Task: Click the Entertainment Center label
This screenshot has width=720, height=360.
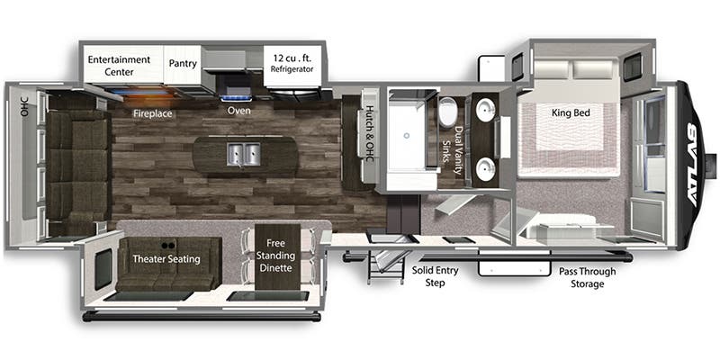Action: pyautogui.click(x=119, y=66)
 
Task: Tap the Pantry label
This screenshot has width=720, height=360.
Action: pyautogui.click(x=183, y=63)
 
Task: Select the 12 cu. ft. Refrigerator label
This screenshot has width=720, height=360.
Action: pyautogui.click(x=292, y=63)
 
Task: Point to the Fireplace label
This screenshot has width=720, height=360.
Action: pyautogui.click(x=152, y=113)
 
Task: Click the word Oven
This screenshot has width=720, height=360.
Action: pyautogui.click(x=238, y=110)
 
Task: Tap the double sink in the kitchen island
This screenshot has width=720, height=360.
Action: pyautogui.click(x=243, y=154)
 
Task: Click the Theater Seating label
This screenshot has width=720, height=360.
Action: pyautogui.click(x=166, y=259)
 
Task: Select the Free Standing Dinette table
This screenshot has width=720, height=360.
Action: pyautogui.click(x=277, y=256)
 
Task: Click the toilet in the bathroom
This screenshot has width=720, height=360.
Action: pyautogui.click(x=446, y=112)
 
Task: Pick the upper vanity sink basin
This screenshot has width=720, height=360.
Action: pyautogui.click(x=485, y=110)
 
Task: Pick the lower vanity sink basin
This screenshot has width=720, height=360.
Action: pyautogui.click(x=485, y=169)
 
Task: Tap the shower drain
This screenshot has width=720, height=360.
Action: pyautogui.click(x=406, y=136)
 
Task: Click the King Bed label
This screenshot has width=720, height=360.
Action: pyautogui.click(x=571, y=112)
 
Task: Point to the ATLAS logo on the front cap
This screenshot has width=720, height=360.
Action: pyautogui.click(x=695, y=166)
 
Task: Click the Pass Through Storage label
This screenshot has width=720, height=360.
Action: pyautogui.click(x=588, y=277)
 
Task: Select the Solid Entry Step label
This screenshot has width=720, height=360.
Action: pyautogui.click(x=435, y=276)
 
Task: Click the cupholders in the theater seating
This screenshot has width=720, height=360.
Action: pyautogui.click(x=167, y=245)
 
